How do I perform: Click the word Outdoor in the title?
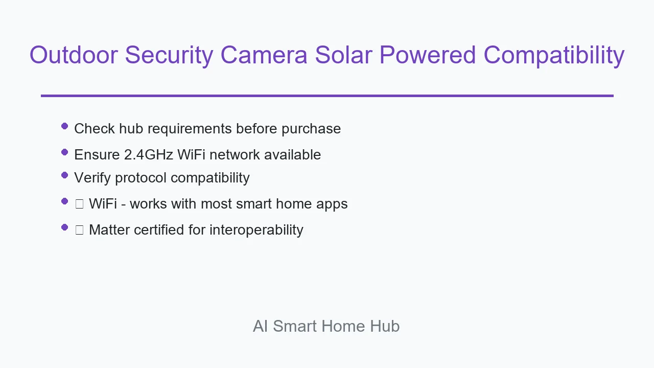click(74, 55)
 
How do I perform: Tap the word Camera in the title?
click(264, 55)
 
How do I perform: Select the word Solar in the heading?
click(343, 55)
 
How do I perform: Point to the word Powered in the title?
click(428, 55)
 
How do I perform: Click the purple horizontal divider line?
click(327, 96)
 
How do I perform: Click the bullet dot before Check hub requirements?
click(64, 126)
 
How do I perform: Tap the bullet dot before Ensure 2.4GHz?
click(64, 152)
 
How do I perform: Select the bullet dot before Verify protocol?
click(64, 175)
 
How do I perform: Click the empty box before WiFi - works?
click(79, 204)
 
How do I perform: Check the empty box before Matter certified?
click(79, 230)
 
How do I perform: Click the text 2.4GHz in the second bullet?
click(149, 154)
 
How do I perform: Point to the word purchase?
click(311, 129)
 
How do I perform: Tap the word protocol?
click(141, 178)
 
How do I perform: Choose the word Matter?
click(109, 230)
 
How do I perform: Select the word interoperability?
click(256, 230)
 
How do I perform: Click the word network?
click(235, 154)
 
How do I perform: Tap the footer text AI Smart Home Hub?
click(326, 326)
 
